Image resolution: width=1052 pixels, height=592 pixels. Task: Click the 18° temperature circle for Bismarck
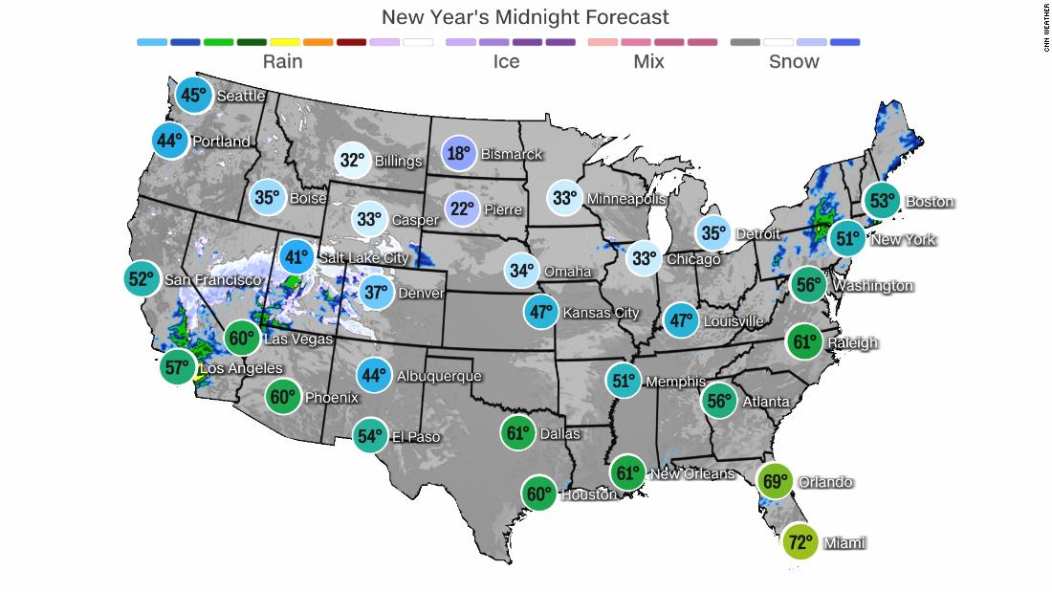point(460,154)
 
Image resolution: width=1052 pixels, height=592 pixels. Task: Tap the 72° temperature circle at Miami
point(800,542)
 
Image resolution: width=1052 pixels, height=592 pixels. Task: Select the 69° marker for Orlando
point(774,482)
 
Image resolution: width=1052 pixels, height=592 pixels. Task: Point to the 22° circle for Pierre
point(462,208)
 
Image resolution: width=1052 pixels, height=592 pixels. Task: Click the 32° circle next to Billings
point(352,161)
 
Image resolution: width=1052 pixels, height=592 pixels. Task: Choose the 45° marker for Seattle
point(194,96)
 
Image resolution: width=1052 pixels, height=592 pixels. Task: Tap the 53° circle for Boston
point(881,201)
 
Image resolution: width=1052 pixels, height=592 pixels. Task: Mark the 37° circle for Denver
point(377,293)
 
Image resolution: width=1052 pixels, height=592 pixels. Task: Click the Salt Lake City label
point(364,257)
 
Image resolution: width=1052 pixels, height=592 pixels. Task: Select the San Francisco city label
point(212,279)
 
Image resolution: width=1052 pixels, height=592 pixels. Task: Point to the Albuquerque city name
point(438,376)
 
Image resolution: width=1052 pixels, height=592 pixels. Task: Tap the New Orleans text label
point(691,473)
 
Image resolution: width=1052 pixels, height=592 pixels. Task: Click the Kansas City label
point(601,313)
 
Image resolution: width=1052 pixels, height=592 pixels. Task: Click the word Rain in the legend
point(282,61)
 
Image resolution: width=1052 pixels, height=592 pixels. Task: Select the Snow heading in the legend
point(794,61)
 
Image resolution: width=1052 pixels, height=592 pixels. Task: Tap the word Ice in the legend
point(506,61)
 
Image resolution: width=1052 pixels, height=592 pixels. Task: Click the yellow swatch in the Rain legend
point(284,42)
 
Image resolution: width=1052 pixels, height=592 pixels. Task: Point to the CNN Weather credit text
point(1044,33)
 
